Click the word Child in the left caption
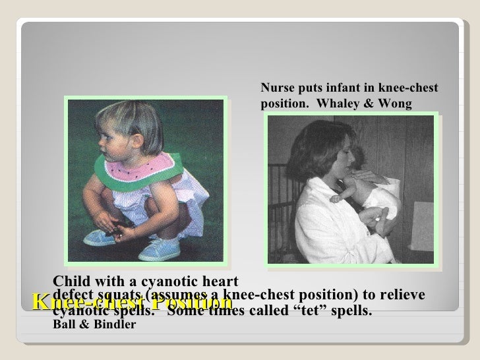[x=69, y=281]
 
